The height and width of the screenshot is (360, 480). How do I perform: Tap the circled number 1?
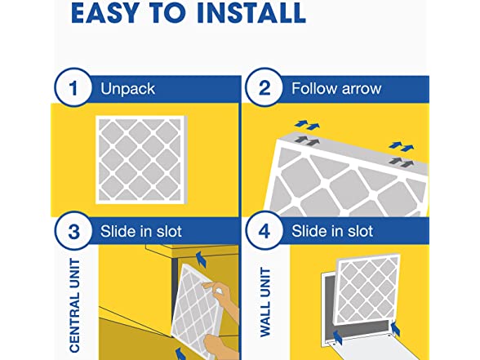(73, 87)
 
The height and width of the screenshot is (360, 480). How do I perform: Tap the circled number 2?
(264, 87)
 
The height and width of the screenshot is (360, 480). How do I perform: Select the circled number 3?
(73, 231)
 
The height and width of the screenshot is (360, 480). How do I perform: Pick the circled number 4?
(264, 231)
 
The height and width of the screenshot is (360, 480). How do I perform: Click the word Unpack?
(127, 89)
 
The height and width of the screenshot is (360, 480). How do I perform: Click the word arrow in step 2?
(362, 89)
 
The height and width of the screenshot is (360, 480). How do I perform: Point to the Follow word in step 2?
(314, 88)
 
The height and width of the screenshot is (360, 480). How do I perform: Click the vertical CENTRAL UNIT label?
(75, 305)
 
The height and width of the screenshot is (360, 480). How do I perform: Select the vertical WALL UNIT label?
(265, 302)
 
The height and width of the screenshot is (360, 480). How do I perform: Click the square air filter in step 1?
(141, 159)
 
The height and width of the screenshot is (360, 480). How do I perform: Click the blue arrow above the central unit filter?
(200, 259)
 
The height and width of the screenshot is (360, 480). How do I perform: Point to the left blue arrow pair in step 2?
(307, 125)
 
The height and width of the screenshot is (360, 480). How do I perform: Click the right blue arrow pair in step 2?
(402, 146)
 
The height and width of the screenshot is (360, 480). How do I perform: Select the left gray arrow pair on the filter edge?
(307, 140)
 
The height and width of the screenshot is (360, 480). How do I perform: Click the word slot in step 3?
(169, 232)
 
